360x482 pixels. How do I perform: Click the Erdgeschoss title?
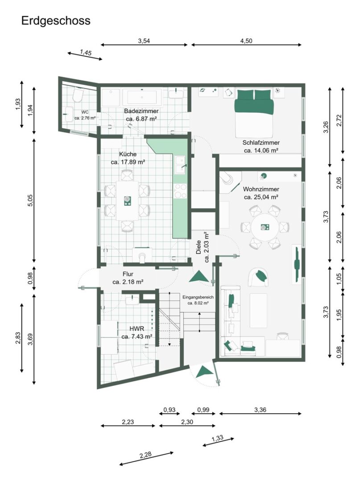coord(56,21)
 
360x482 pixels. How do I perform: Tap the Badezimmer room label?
coord(141,111)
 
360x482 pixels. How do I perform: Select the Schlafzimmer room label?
coord(261,143)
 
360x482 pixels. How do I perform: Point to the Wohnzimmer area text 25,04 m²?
coord(261,197)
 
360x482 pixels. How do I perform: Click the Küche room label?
coord(128,154)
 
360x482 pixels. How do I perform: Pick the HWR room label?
coord(137,328)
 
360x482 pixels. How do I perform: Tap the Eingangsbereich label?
coord(198,297)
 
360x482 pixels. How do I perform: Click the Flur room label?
coord(128,274)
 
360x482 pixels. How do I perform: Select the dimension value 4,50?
coord(246,41)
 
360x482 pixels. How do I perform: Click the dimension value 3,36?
coord(260,410)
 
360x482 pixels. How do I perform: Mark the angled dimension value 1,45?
coord(86,52)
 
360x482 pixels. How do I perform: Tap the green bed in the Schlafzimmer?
coord(254,113)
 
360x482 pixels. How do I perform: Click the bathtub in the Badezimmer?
coord(142,97)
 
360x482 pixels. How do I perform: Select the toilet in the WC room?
coord(78,96)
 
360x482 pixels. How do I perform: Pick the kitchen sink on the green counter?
coord(180,165)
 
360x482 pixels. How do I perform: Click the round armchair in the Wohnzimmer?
coord(258,277)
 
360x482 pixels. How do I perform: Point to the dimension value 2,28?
coord(145,455)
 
